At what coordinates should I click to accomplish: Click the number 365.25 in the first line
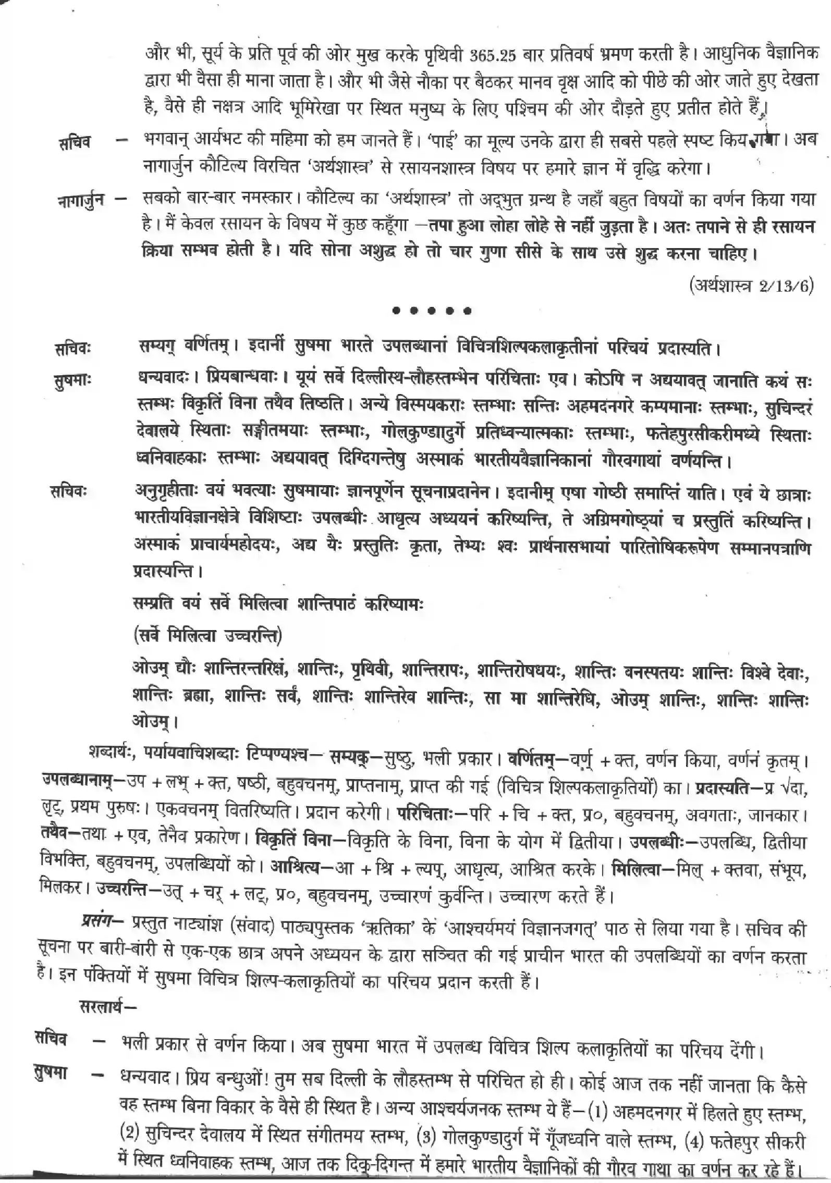(492, 54)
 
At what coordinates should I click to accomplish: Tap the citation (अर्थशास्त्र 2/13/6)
(751, 286)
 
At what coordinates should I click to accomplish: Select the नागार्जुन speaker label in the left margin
(81, 200)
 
